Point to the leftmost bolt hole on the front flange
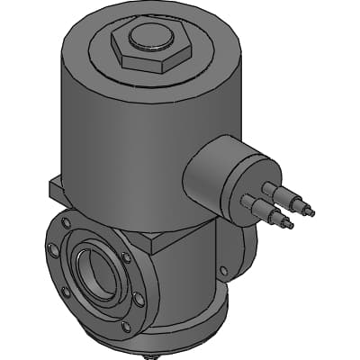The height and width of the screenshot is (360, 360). coord(51,252)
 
